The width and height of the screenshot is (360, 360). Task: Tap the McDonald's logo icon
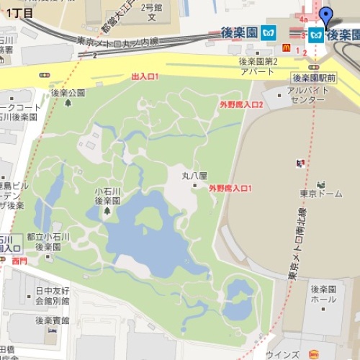tap(285, 48)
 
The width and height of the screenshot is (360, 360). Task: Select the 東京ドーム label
tap(315, 192)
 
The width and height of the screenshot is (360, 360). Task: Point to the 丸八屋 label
tap(194, 175)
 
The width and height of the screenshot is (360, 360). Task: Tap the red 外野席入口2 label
tap(242, 105)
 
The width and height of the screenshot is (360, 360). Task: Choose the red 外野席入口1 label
tap(230, 188)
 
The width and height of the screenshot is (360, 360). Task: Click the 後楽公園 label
tap(68, 93)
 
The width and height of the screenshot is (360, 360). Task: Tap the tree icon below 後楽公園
tap(68, 103)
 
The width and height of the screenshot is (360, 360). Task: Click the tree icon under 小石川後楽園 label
tap(107, 210)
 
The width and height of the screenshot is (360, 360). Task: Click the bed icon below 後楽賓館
tap(53, 331)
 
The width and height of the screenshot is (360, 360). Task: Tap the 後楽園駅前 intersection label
tap(315, 78)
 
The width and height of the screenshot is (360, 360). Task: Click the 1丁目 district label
tap(19, 13)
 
